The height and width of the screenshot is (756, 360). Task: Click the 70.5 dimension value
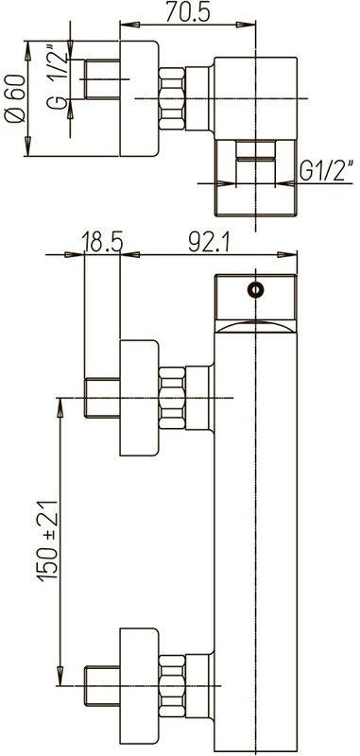pyautogui.click(x=187, y=12)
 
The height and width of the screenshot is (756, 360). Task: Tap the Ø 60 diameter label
pyautogui.click(x=14, y=98)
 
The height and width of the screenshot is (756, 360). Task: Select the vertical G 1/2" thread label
pyautogui.click(x=58, y=77)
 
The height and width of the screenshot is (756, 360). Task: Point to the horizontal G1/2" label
pyautogui.click(x=327, y=170)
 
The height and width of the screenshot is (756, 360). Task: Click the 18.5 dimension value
pyautogui.click(x=102, y=243)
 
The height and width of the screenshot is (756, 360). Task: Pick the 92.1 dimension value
pyautogui.click(x=210, y=244)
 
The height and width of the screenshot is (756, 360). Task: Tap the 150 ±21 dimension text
pyautogui.click(x=48, y=541)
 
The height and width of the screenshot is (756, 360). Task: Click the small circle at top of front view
pyautogui.click(x=255, y=290)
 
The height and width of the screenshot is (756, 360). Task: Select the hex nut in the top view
pyautogui.click(x=172, y=98)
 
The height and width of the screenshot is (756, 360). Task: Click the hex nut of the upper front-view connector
pyautogui.click(x=172, y=398)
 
